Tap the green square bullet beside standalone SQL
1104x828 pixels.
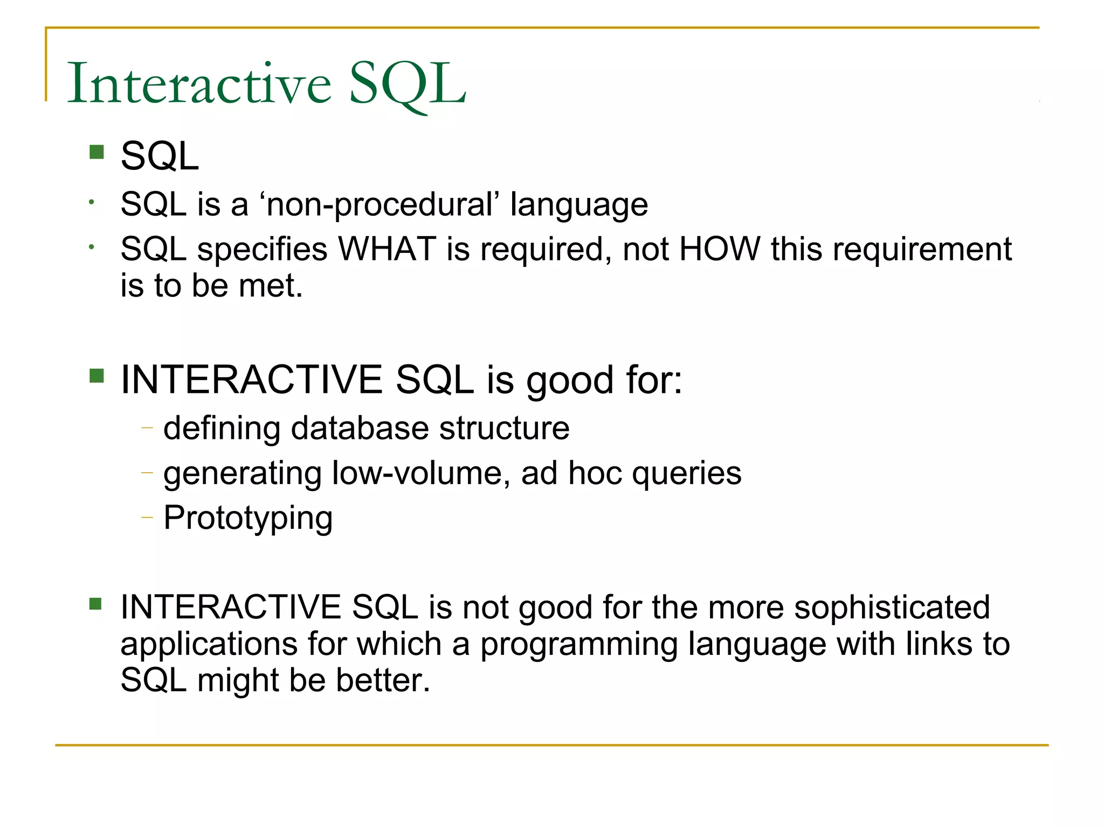tap(96, 152)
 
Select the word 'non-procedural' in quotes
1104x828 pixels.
tap(380, 205)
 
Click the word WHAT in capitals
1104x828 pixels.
tap(387, 250)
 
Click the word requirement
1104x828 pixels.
tap(922, 250)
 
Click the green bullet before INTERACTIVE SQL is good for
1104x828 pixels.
tap(96, 376)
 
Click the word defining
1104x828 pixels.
tap(222, 429)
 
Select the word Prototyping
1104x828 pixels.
tap(248, 519)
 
